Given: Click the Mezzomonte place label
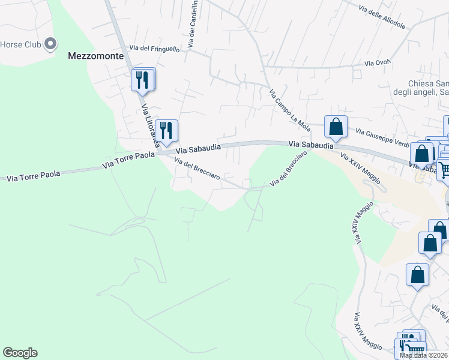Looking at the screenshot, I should coord(95,56).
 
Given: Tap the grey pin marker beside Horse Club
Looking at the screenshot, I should coord(51,44).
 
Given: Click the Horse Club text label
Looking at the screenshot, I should coord(20,44).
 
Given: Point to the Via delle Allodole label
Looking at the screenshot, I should coord(382,18).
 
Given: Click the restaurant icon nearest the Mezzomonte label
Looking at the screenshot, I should coord(142,80).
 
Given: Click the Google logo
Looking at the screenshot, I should coord(20,353).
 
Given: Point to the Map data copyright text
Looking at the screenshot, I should coord(424,355).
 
